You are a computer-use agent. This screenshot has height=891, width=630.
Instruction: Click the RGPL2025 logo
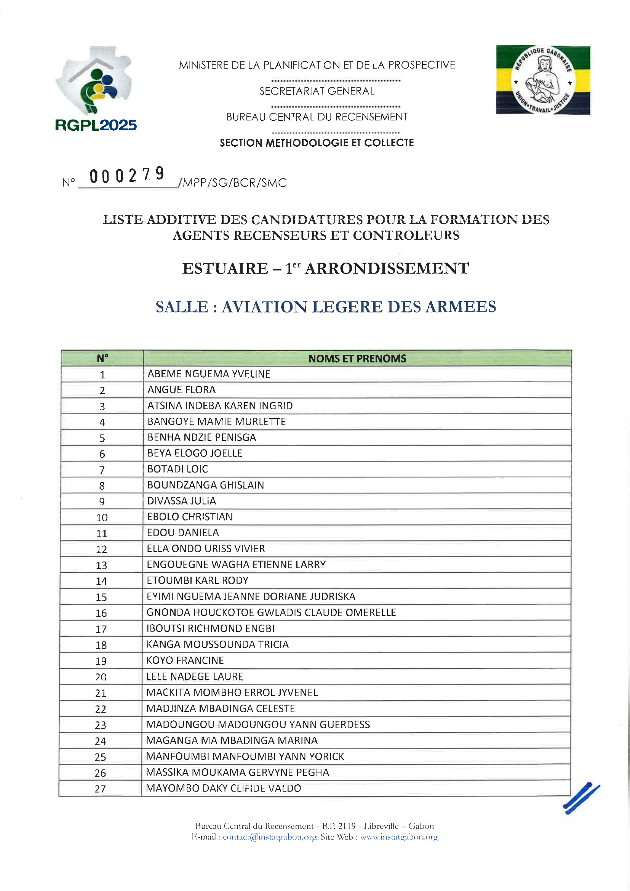(x=96, y=89)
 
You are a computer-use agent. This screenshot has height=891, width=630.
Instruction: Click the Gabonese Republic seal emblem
(x=543, y=80)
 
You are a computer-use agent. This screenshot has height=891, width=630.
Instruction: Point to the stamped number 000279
(x=127, y=175)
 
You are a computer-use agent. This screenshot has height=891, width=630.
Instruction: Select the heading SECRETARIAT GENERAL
(x=317, y=91)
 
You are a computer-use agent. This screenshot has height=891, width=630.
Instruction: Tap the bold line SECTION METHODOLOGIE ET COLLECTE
(x=317, y=143)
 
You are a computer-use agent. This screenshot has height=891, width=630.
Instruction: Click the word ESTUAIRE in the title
(x=225, y=269)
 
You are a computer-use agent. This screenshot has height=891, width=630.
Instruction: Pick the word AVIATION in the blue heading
(x=264, y=307)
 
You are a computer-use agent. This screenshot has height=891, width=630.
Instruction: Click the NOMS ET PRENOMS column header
(x=357, y=359)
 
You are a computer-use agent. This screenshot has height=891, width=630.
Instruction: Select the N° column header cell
(x=102, y=359)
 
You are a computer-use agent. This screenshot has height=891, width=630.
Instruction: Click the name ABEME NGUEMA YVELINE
(x=209, y=374)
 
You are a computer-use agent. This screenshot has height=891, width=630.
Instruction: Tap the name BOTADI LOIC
(x=177, y=469)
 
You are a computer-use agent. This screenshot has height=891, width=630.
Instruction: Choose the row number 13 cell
(x=101, y=565)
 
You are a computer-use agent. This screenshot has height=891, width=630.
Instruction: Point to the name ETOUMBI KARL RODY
(x=197, y=580)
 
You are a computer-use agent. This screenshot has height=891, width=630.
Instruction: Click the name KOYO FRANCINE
(x=185, y=660)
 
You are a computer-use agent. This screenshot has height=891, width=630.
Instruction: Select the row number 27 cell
(x=100, y=789)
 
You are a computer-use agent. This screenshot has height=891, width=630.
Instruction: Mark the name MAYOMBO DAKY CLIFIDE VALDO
(x=224, y=788)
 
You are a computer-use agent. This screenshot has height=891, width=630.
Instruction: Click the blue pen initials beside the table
(x=581, y=798)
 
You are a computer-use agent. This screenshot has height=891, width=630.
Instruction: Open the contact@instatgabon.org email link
(x=270, y=837)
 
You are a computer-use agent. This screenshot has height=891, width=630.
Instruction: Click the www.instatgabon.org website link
(x=399, y=837)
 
